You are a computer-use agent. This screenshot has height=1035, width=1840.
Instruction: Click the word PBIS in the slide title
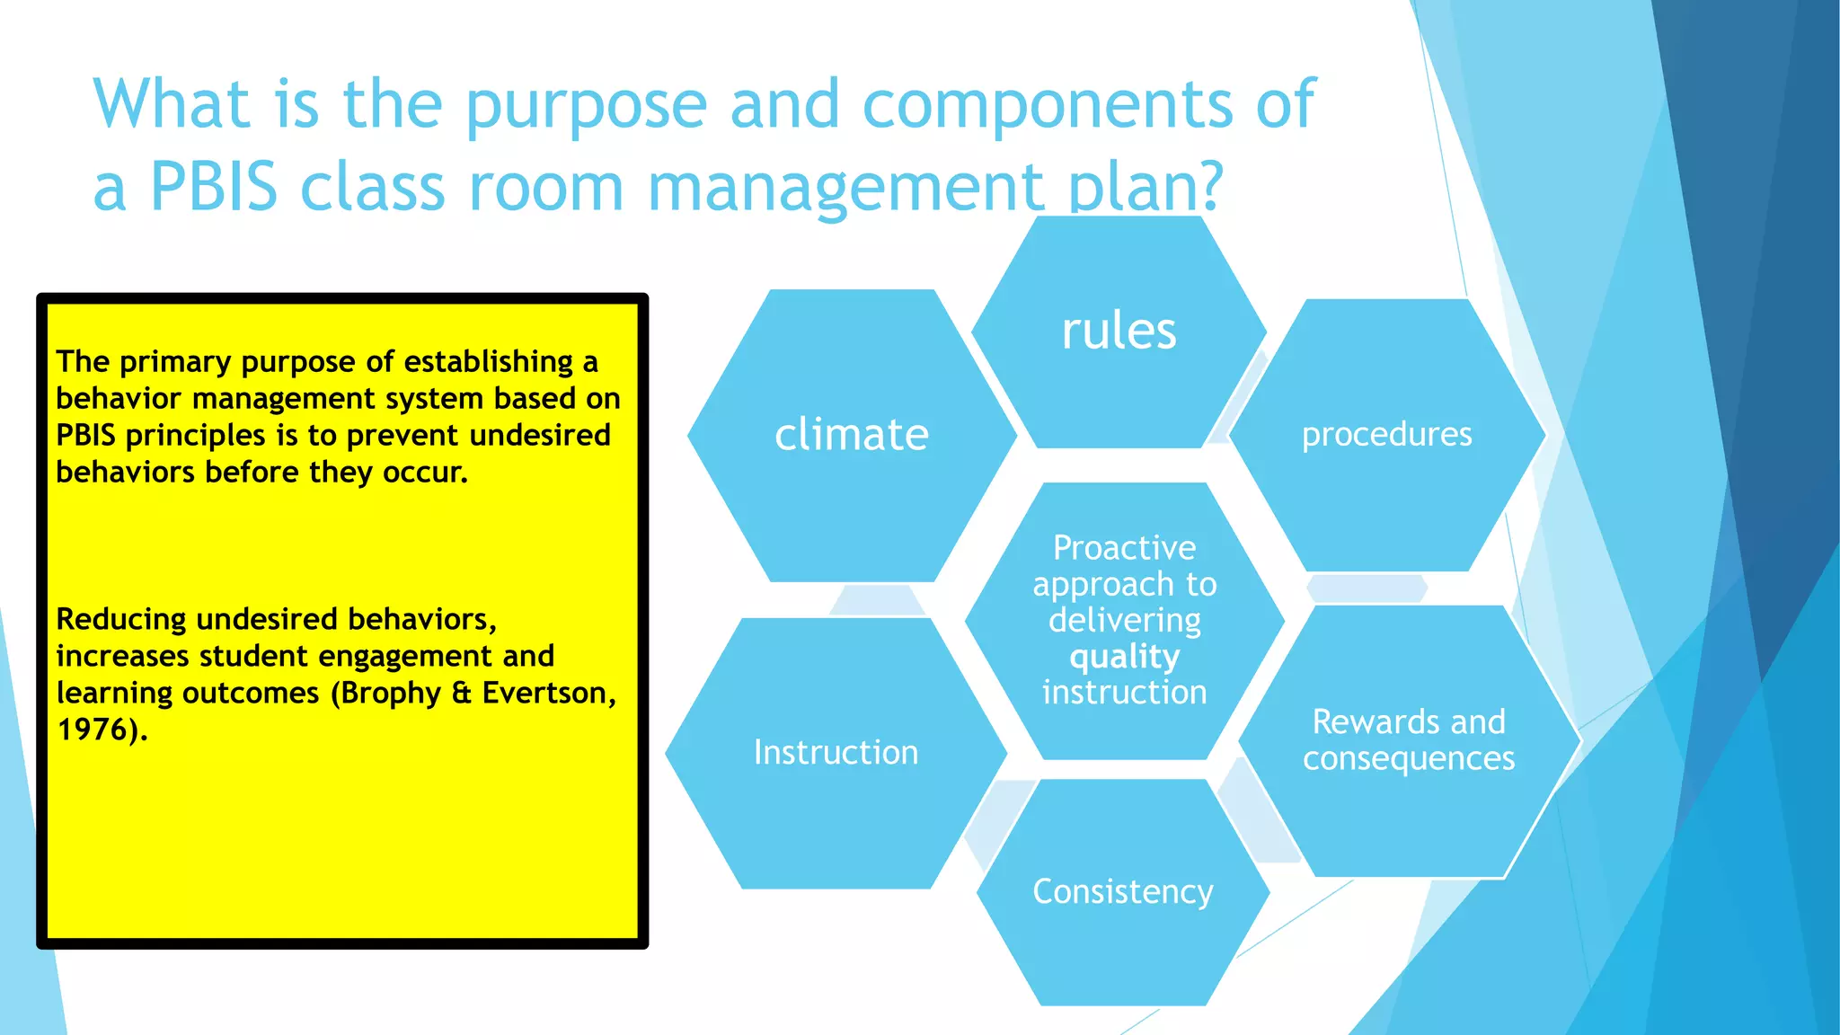click(x=213, y=187)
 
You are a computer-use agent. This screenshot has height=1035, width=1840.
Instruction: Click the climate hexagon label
click(x=851, y=435)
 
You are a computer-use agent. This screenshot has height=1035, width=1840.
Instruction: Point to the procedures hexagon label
click(x=1386, y=435)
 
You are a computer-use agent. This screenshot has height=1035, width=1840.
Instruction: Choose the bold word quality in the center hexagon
click(x=1124, y=657)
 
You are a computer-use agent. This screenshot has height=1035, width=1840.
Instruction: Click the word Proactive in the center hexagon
click(x=1124, y=547)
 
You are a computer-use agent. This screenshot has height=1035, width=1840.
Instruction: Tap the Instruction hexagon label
click(x=836, y=752)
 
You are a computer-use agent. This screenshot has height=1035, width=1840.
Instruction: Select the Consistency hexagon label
click(x=1122, y=891)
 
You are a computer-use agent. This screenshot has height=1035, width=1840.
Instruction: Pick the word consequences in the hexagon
click(x=1408, y=759)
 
